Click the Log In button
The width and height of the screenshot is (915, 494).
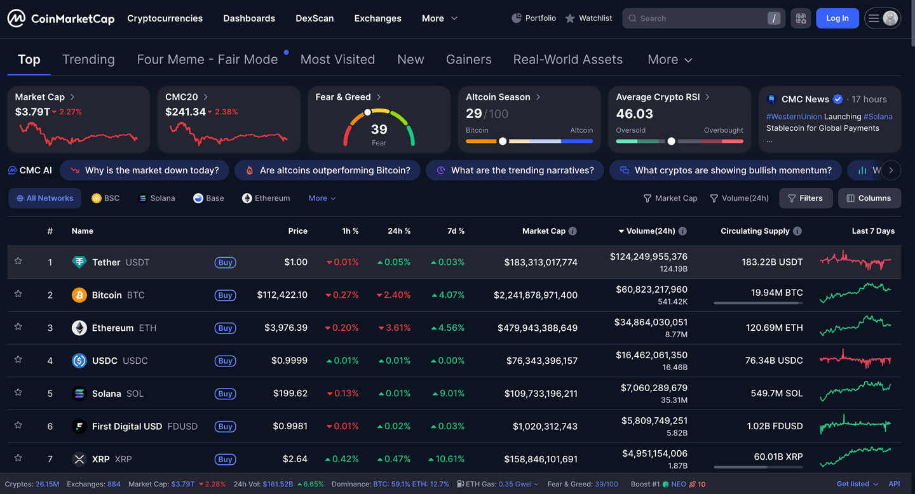pos(837,18)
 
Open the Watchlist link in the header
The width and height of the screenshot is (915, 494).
pos(588,18)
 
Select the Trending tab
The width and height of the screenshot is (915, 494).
pos(88,60)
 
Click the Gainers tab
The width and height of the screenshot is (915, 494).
pos(468,60)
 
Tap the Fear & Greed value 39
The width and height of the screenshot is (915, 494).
pos(379,130)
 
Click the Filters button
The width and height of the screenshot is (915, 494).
pos(805,198)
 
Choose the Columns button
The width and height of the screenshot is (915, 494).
pos(869,198)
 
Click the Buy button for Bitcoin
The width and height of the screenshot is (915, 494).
pos(225,295)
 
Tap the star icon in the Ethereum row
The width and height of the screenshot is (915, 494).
pos(18,326)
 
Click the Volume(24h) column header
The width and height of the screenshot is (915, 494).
pos(651,231)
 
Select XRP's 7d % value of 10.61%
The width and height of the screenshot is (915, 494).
pos(451,459)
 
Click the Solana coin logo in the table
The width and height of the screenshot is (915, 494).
pos(79,394)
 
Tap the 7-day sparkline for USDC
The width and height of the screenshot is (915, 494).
pos(855,360)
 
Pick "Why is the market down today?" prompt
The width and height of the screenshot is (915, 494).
pos(145,170)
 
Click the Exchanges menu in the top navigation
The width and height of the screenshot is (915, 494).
pos(377,18)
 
